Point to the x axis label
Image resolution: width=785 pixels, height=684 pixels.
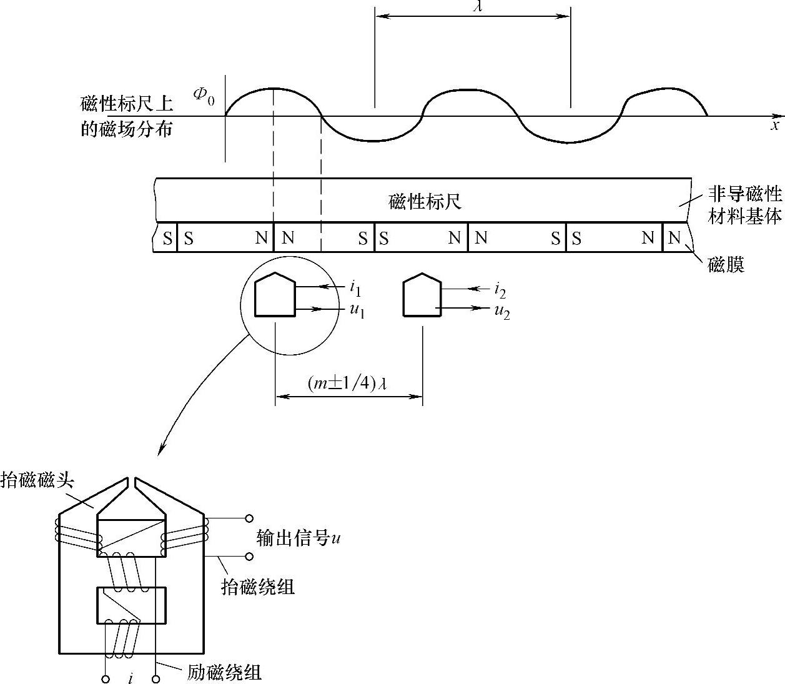pos(775,126)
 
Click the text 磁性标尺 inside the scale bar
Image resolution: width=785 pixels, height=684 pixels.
pos(425,202)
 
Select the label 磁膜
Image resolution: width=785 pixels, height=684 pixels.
pos(726,265)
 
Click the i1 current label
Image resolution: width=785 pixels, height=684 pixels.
pos(355,288)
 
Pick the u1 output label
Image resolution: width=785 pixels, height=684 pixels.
pos(356,310)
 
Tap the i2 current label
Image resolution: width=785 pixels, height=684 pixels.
pos(500,289)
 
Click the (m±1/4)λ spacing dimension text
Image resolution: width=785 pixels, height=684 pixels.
pos(347,383)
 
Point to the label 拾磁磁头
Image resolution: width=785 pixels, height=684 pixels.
pos(38,480)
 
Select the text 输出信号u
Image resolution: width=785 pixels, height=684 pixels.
pos(299,538)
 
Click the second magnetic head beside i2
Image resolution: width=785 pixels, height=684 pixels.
pos(423,295)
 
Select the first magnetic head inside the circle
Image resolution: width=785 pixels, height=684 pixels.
pos(275,295)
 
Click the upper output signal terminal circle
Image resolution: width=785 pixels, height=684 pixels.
pos(249,518)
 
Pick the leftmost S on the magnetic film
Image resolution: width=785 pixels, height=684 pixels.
pos(167,238)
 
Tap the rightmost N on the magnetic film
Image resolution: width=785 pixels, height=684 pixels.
pos(674,238)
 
